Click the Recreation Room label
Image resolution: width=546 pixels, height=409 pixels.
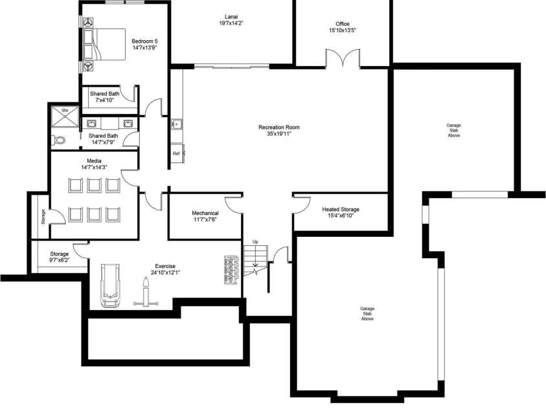pyautogui.click(x=279, y=127)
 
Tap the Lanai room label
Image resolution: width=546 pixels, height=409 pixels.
pyautogui.click(x=231, y=16)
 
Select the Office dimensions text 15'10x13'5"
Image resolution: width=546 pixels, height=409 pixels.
pyautogui.click(x=342, y=30)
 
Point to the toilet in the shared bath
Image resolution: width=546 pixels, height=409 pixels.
pyautogui.click(x=59, y=140)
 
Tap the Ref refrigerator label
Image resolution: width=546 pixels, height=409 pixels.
pyautogui.click(x=176, y=153)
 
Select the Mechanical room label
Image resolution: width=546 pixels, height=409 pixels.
pyautogui.click(x=205, y=213)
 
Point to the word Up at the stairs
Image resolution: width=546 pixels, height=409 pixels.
pyautogui.click(x=255, y=241)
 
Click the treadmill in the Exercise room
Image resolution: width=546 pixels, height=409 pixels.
pyautogui.click(x=108, y=285)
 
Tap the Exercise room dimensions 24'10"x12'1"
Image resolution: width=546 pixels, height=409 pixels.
pyautogui.click(x=165, y=272)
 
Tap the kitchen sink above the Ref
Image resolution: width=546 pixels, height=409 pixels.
pyautogui.click(x=176, y=124)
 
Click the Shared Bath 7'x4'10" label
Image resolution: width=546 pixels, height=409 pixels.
pyautogui.click(x=105, y=93)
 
